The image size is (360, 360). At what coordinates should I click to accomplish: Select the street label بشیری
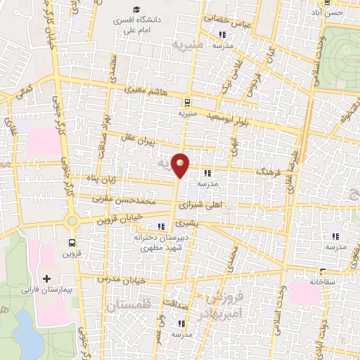pos(187,223)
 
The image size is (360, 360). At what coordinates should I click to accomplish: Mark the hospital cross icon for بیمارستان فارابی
pos(47,279)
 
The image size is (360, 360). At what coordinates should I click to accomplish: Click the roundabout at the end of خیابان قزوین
pos(71,221)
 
